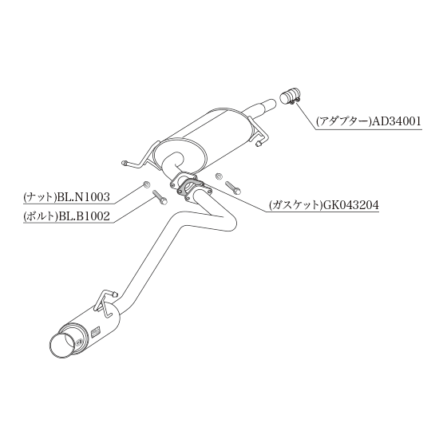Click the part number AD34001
[x=396, y=121]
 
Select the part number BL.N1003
[x=83, y=197]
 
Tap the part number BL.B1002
[x=83, y=216]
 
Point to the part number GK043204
[x=350, y=205]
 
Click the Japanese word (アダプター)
[x=343, y=122]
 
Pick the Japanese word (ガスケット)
[x=295, y=205]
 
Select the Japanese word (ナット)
[x=41, y=197]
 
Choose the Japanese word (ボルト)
[x=41, y=216]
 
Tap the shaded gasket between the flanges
[x=188, y=188]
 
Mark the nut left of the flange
[x=146, y=184]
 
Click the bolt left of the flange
[x=160, y=197]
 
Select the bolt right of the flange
[x=233, y=187]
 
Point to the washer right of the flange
[x=219, y=176]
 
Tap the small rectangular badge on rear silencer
[x=96, y=331]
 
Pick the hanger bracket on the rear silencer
[x=106, y=303]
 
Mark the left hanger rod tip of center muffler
[x=124, y=163]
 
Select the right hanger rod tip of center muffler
[x=259, y=144]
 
